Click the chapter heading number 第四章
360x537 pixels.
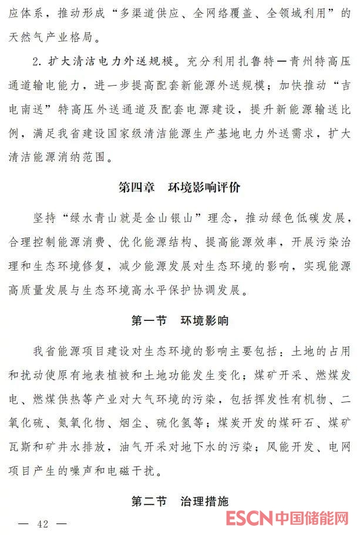tap(136, 188)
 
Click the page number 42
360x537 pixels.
tap(43, 524)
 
